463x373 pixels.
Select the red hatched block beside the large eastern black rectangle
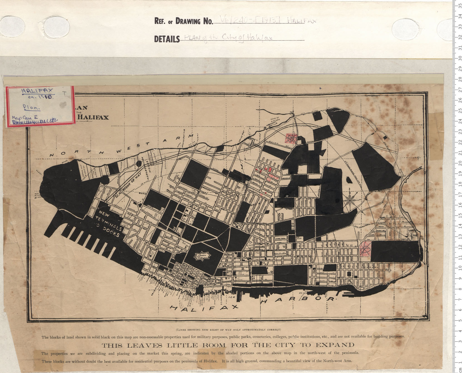click(365, 248)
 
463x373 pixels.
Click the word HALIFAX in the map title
click(94, 117)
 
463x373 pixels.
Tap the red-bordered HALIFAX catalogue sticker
click(40, 106)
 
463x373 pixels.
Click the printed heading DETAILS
click(167, 39)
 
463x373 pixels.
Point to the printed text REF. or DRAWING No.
click(184, 21)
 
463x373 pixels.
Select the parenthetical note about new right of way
click(228, 330)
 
